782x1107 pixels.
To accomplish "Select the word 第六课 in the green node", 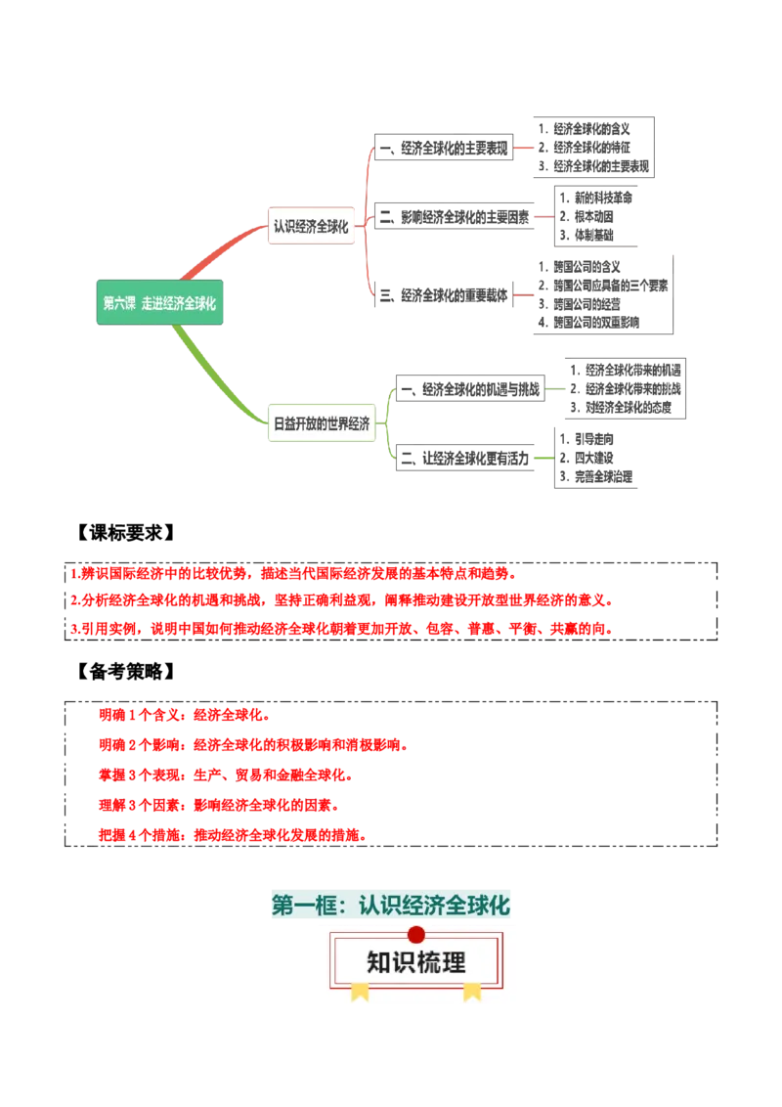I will (x=119, y=303).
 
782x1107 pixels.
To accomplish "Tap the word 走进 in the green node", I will (x=152, y=303).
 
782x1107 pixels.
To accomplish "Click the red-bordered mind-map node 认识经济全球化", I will (x=311, y=226).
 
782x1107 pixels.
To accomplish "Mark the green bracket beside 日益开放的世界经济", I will (x=388, y=423).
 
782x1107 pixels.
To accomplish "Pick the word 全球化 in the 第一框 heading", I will (x=478, y=906).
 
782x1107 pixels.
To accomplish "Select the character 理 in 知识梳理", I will (x=454, y=962).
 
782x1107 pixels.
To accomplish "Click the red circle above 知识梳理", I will (x=416, y=934).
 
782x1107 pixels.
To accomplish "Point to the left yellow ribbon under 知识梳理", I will (x=360, y=992).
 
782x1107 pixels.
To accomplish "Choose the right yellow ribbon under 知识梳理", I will (x=472, y=992).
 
